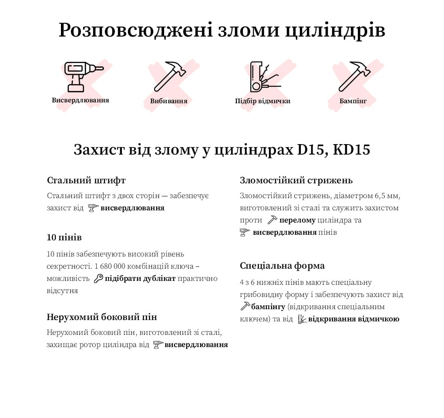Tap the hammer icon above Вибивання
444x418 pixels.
pyautogui.click(x=169, y=76)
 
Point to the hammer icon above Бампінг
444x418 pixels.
pyautogui.click(x=354, y=76)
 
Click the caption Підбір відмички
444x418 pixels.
pyautogui.click(x=262, y=101)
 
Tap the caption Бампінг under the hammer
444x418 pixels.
pyautogui.click(x=353, y=101)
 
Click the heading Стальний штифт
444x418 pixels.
pyautogui.click(x=86, y=180)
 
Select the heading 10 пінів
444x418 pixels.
pyautogui.click(x=64, y=238)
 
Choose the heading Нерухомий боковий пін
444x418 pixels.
pyautogui.click(x=102, y=317)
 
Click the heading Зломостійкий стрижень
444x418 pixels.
pyautogui.click(x=296, y=180)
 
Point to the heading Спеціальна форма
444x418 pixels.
pyautogui.click(x=282, y=266)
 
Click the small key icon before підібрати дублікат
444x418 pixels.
pyautogui.click(x=98, y=279)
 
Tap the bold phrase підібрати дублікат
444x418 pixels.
pyautogui.click(x=140, y=279)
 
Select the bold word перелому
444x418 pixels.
pyautogui.click(x=298, y=220)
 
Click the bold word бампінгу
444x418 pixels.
pyautogui.click(x=268, y=307)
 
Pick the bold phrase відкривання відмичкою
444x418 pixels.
pyautogui.click(x=353, y=319)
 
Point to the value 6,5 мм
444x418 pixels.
pyautogui.click(x=385, y=196)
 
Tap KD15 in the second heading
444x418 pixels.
pyautogui.click(x=351, y=150)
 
